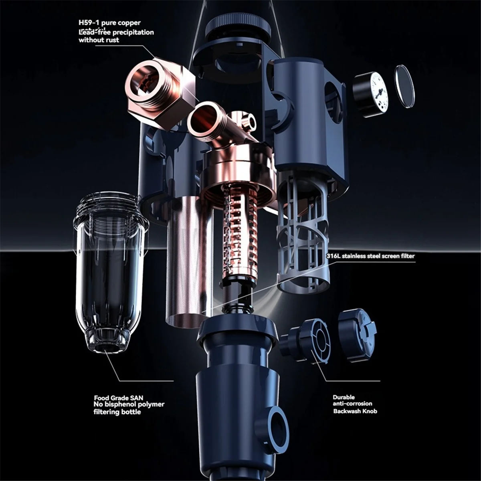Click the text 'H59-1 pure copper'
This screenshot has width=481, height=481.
tap(109, 23)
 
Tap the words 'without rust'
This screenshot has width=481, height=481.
tap(99, 40)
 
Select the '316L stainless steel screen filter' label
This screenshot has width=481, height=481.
tap(371, 256)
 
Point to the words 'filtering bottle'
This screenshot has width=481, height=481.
tap(117, 412)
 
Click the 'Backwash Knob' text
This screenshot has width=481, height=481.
tap(355, 411)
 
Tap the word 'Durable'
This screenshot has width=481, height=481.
tap(344, 397)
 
